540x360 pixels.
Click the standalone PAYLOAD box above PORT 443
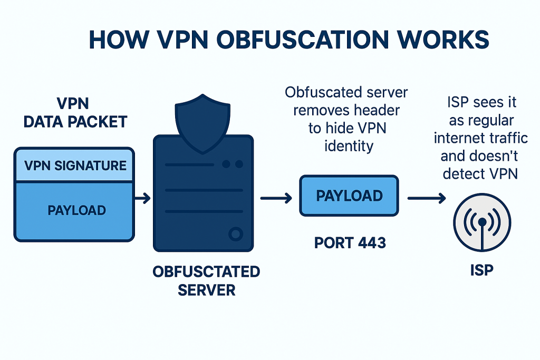[349, 196]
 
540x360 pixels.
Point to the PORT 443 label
[350, 243]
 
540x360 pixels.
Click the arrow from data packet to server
[143, 198]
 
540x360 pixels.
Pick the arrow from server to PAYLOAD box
[276, 198]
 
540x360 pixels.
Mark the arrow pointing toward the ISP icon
[426, 198]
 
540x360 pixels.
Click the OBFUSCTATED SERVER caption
[206, 280]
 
